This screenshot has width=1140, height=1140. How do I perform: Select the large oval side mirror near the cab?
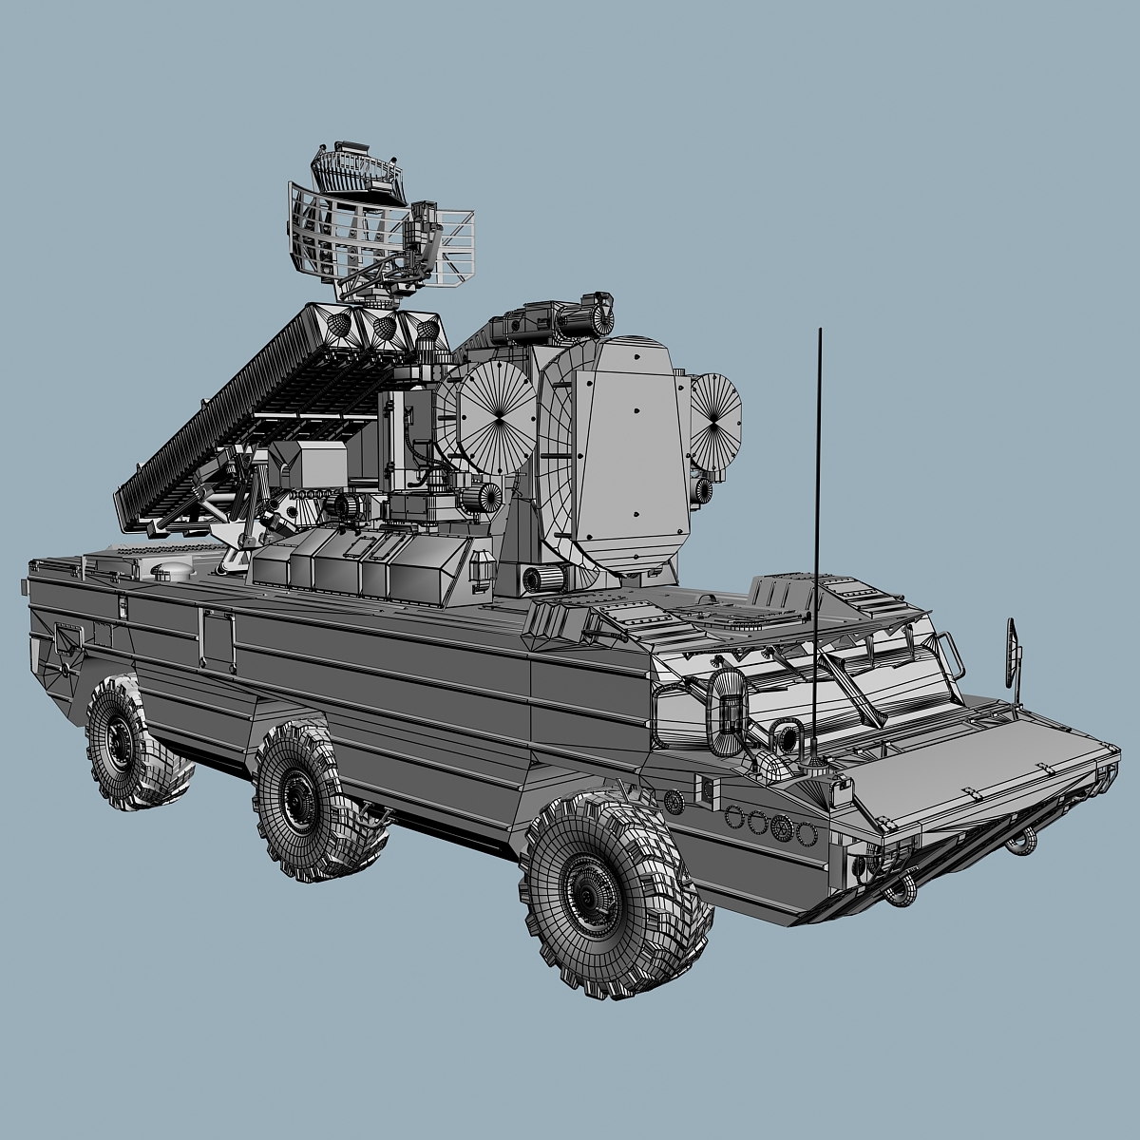point(729,703)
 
